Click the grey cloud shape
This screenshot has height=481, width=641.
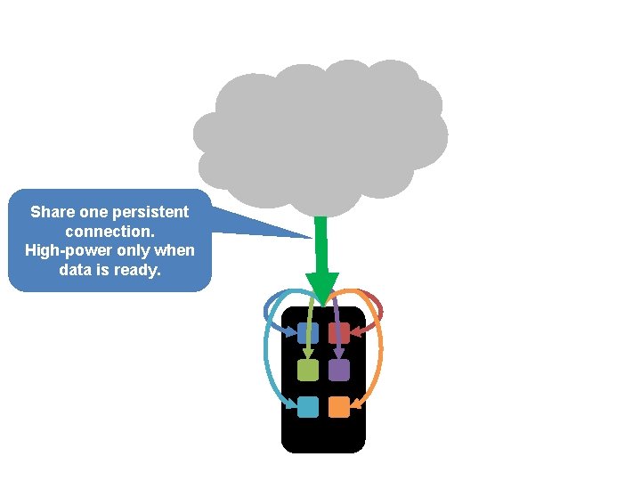320,129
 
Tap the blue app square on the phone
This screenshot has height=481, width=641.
308,333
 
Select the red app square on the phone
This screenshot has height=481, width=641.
339,333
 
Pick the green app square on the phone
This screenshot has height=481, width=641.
308,370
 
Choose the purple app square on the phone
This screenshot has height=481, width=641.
339,370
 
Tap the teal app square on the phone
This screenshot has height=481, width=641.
308,407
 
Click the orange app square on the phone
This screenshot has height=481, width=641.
339,407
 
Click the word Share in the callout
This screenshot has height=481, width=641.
52,212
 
